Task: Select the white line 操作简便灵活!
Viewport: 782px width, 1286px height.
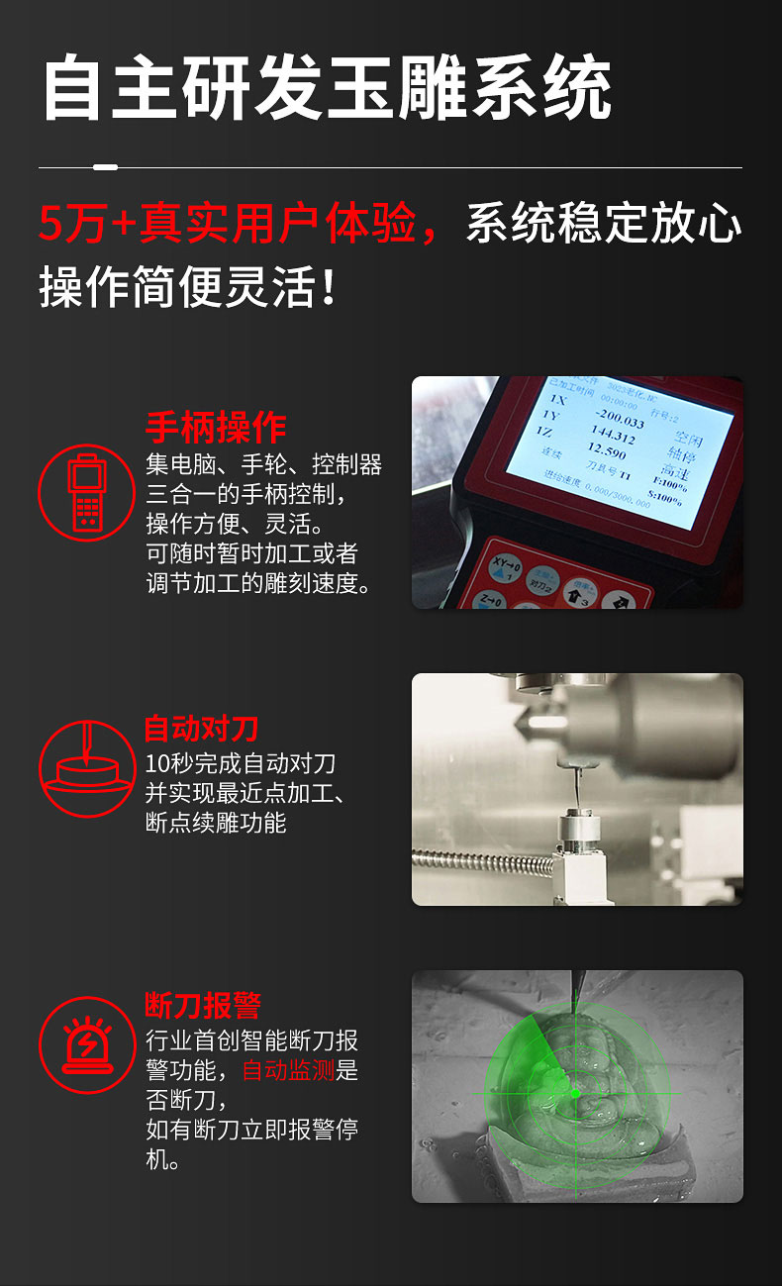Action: coord(188,287)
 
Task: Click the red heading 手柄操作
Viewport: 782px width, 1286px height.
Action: coord(216,428)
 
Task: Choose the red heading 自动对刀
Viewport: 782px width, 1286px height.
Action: coord(201,730)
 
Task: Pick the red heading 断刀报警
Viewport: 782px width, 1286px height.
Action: coord(203,1006)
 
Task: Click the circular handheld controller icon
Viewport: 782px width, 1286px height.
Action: coord(86,492)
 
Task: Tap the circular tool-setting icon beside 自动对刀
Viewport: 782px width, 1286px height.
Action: coord(86,768)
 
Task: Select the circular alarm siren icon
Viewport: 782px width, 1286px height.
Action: coord(86,1043)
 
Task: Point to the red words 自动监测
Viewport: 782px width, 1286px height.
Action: coord(289,1070)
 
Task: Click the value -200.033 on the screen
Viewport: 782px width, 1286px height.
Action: coord(620,423)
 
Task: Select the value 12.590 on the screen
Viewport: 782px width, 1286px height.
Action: coord(606,451)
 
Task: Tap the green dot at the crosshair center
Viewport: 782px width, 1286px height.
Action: coord(575,1093)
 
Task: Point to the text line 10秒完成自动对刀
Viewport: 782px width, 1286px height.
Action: coord(241,763)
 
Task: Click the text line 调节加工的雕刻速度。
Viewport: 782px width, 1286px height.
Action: coord(259,583)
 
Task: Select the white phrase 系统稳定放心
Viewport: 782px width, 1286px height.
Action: coord(604,224)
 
